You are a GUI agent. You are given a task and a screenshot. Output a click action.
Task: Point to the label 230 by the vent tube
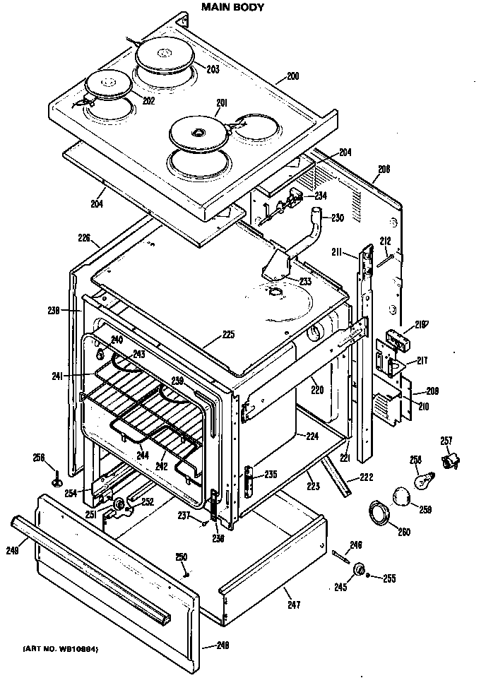(337, 218)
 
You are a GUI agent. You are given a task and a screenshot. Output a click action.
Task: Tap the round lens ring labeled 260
(379, 512)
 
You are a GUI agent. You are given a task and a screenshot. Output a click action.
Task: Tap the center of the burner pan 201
(198, 132)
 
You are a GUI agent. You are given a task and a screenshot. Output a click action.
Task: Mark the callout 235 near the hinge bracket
(269, 475)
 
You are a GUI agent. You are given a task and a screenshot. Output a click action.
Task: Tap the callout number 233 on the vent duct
(305, 281)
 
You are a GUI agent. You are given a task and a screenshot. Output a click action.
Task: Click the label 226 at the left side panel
(84, 238)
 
